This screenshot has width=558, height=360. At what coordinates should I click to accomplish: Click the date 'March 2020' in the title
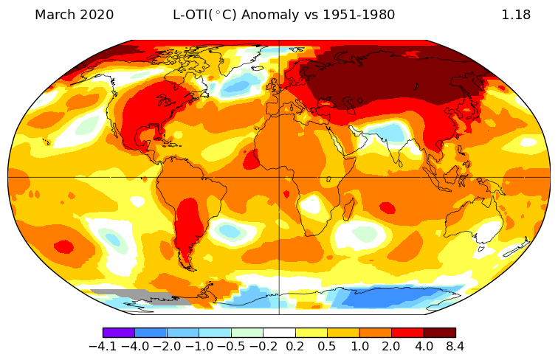[74, 15]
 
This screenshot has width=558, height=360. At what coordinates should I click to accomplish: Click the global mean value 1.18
[516, 15]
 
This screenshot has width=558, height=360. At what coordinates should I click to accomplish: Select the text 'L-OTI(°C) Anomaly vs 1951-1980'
[283, 15]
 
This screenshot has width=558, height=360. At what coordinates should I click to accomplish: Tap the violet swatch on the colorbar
[118, 333]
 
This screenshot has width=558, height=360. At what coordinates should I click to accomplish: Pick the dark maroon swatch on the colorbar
[439, 333]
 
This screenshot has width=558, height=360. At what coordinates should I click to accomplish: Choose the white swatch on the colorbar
[279, 333]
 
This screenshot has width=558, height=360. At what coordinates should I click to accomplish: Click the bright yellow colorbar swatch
[311, 333]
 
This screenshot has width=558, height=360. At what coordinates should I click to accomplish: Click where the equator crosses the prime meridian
[279, 177]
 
